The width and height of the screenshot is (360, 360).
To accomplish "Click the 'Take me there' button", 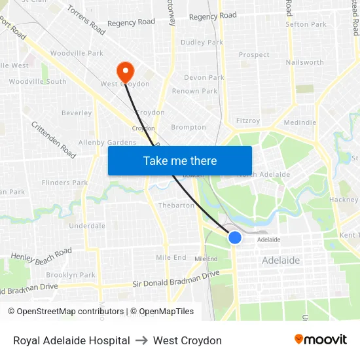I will tap(180, 160).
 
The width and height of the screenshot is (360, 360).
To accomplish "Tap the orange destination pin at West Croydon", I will tap(124, 71).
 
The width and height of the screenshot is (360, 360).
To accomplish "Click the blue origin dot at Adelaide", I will tap(234, 238).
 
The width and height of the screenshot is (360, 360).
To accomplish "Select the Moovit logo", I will tap(321, 340).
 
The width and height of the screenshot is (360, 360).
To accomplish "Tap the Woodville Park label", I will tap(77, 53).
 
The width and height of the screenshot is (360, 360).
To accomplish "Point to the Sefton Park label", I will tap(306, 25).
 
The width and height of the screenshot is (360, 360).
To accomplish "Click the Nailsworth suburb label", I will tap(304, 63).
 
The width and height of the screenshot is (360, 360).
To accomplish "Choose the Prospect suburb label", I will tap(254, 55).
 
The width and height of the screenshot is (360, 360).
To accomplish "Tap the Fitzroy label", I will tap(248, 121).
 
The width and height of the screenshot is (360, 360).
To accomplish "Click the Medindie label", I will tap(300, 122).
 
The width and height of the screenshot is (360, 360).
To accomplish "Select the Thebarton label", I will tap(175, 206).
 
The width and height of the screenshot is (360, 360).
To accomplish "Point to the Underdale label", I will tap(87, 226).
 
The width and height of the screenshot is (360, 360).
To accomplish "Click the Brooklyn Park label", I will tap(71, 276).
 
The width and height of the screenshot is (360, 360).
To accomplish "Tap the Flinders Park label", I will tap(65, 183).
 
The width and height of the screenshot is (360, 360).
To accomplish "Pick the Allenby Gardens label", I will tap(107, 143).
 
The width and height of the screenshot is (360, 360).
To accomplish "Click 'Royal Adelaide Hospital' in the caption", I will tap(71, 340).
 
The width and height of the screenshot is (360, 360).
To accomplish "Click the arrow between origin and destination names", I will tap(141, 340).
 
